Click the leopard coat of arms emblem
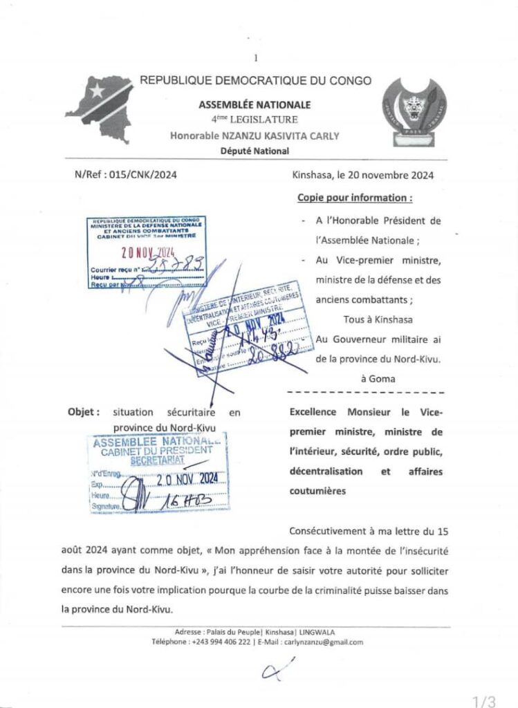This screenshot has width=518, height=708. pyautogui.click(x=410, y=111)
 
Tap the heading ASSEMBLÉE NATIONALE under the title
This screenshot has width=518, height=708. pyautogui.click(x=255, y=105)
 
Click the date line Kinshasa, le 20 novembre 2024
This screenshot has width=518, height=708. pyautogui.click(x=363, y=175)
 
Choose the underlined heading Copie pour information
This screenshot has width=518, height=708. pyautogui.click(x=355, y=198)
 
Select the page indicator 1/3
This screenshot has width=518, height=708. pyautogui.click(x=485, y=701)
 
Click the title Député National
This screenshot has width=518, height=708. pyautogui.click(x=255, y=151)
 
